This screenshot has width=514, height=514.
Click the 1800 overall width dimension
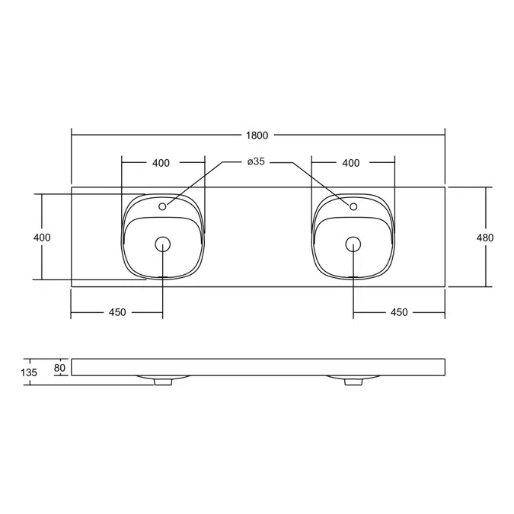click(x=257, y=135)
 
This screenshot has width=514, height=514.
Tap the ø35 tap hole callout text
click(x=256, y=161)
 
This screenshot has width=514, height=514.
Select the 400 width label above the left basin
click(x=161, y=163)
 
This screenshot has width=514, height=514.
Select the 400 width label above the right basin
click(x=351, y=163)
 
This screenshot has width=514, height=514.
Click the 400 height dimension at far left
click(x=42, y=238)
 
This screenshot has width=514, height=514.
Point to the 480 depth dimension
click(x=485, y=238)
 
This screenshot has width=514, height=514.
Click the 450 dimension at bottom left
click(x=117, y=312)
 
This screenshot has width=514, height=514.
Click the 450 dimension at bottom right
click(x=399, y=312)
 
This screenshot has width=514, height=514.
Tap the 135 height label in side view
click(x=29, y=372)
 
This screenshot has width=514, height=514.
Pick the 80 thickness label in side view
click(x=59, y=368)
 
